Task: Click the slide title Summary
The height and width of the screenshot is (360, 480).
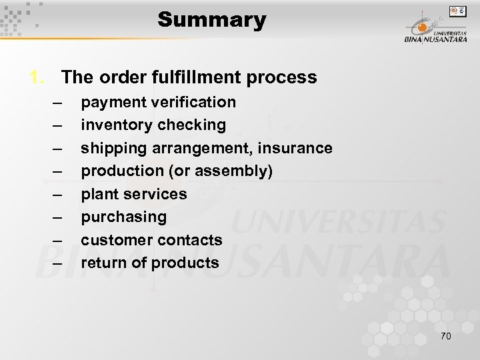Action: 212,20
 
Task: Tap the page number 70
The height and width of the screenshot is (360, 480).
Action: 445,335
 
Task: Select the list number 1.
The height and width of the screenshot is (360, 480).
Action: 37,78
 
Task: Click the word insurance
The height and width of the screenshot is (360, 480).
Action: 299,147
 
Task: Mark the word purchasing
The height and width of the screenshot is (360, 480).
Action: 123,217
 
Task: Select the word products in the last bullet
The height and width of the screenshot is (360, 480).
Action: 185,263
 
